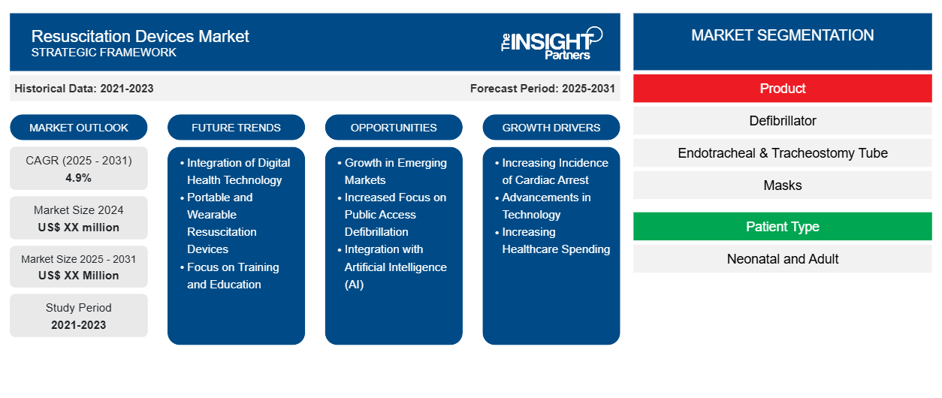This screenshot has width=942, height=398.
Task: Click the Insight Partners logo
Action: (x=552, y=42)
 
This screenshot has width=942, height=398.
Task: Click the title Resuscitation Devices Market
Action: (x=140, y=35)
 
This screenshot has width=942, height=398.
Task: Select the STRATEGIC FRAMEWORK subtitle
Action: (x=104, y=53)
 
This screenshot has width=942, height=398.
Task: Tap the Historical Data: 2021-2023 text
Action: (x=84, y=89)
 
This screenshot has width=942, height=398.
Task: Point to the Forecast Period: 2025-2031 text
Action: (x=542, y=89)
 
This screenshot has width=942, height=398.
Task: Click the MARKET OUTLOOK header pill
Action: (x=79, y=128)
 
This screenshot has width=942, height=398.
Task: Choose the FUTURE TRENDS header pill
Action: (x=236, y=128)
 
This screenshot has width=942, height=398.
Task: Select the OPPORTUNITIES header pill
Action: (x=394, y=128)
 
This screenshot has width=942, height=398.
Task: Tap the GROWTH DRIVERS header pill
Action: (x=551, y=128)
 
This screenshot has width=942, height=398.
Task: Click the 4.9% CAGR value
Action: (x=79, y=178)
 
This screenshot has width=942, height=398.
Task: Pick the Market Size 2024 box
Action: (x=79, y=219)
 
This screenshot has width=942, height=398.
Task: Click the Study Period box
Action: (x=79, y=316)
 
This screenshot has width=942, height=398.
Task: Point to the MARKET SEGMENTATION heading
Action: (x=783, y=35)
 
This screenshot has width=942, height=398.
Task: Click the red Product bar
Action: (x=783, y=89)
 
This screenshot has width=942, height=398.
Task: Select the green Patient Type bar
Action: (x=783, y=227)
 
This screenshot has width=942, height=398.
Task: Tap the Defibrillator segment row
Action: (x=783, y=121)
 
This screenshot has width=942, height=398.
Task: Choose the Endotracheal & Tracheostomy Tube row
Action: (x=783, y=153)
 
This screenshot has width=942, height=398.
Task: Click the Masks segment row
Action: (x=783, y=185)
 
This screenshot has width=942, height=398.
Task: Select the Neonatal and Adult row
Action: (x=783, y=259)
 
